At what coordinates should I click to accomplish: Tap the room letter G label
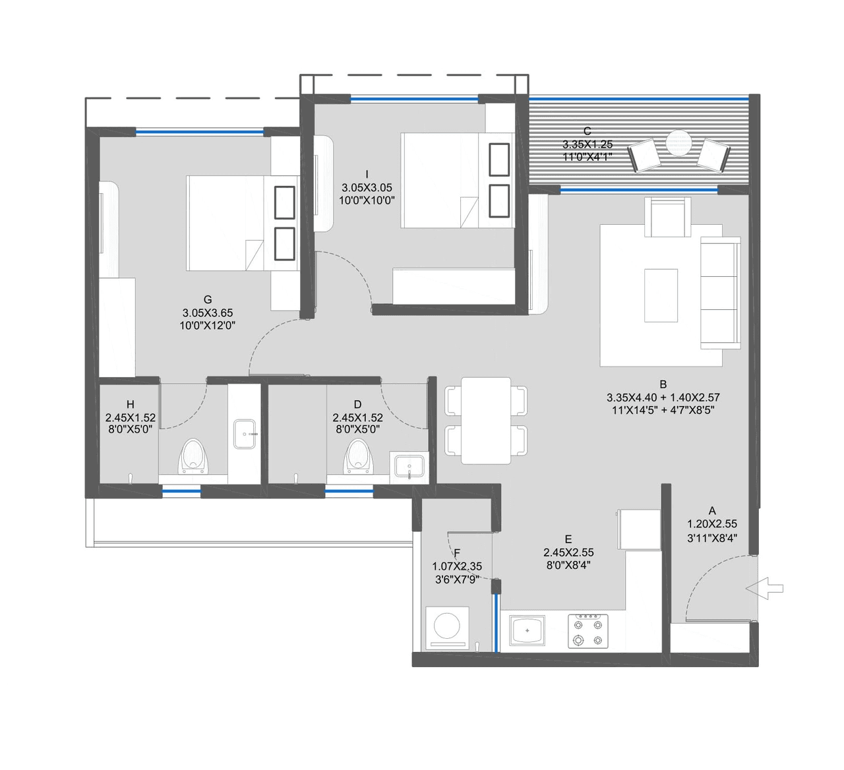click(208, 300)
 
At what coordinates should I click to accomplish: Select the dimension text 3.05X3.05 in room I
click(367, 187)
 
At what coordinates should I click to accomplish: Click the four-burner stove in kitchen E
click(588, 631)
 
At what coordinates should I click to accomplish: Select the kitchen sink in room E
click(527, 630)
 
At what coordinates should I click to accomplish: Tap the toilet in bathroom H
click(193, 456)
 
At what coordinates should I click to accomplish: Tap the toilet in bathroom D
click(357, 456)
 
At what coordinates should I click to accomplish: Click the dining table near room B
click(486, 420)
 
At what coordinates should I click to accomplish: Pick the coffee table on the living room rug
click(661, 295)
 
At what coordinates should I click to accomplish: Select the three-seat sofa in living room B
click(720, 294)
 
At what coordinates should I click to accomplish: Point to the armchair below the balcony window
click(670, 216)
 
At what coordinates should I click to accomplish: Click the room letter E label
click(568, 539)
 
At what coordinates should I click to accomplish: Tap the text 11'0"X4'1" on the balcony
click(588, 157)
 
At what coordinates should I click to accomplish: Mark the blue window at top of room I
click(414, 99)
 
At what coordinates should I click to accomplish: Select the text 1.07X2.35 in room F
click(457, 566)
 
